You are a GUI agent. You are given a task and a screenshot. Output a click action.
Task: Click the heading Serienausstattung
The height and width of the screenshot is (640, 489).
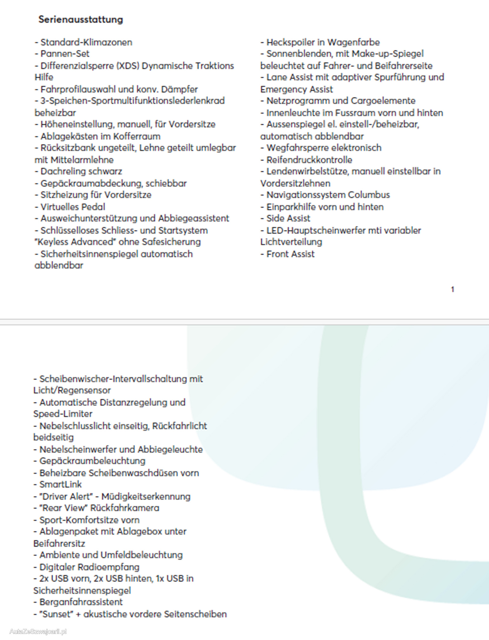point(81,19)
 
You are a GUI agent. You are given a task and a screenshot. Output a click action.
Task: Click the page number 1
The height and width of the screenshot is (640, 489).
point(453,289)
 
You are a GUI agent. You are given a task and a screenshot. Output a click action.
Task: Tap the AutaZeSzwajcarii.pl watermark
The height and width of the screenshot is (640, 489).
point(38,631)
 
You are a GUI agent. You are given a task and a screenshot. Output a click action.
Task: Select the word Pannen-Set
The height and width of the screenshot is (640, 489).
point(65,54)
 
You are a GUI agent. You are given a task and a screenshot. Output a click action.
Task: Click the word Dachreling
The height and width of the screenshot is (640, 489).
point(61,171)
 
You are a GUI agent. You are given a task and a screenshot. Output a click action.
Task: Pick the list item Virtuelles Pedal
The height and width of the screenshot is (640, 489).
point(73,207)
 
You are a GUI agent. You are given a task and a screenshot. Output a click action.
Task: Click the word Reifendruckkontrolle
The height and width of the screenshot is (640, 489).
point(309,160)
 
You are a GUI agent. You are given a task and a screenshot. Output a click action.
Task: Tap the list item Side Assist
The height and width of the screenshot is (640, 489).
point(288,218)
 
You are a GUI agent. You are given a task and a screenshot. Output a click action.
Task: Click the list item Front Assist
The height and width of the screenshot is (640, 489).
point(290,254)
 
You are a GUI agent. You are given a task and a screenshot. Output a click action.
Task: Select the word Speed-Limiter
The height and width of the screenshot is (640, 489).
point(63,414)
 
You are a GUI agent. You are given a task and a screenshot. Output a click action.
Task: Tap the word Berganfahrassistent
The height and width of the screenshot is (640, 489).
point(81,602)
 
